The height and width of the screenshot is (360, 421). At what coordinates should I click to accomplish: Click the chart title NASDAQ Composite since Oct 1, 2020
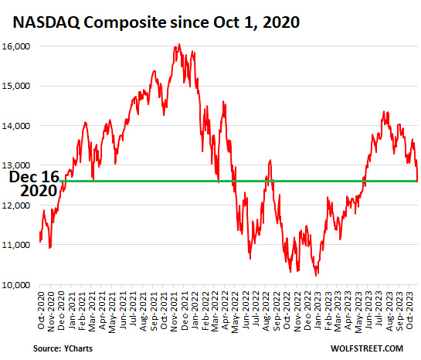pos(156,22)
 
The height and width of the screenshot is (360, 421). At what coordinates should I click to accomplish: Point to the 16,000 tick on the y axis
pos(16,46)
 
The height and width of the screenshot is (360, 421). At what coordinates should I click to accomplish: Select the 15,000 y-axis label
pos(16,86)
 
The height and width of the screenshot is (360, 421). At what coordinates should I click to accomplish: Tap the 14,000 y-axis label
pos(16,126)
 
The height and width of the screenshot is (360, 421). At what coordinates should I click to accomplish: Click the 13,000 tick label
pos(16,165)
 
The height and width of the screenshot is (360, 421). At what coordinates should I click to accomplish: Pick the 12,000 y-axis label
pos(16,205)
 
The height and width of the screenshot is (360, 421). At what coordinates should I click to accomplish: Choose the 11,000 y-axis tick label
pos(16,245)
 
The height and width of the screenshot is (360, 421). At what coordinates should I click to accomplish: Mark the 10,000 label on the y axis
pos(16,285)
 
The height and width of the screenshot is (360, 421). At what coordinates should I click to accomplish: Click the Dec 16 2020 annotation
pos(34,184)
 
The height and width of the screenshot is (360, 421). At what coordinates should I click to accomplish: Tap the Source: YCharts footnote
pos(63,348)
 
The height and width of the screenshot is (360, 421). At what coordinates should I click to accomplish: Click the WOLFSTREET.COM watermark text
pos(367,348)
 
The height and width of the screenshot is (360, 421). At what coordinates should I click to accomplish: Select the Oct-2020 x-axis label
pos(41,310)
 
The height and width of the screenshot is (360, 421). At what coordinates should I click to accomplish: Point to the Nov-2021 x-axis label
pos(174,311)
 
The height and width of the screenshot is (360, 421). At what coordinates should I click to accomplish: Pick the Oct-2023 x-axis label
pos(409,310)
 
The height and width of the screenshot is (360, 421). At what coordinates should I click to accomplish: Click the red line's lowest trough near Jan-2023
pos(316,276)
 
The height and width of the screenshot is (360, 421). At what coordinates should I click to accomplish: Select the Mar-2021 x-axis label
pos(92,311)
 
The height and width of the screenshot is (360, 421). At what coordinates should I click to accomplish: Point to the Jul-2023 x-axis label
pos(379,309)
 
